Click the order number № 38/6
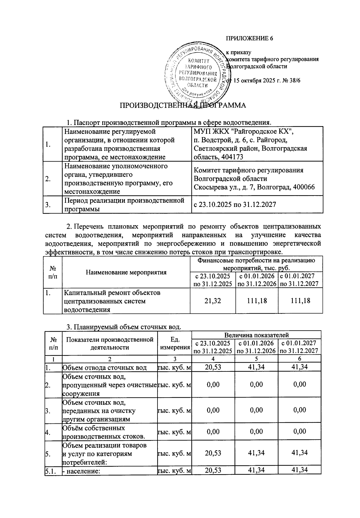coord(287,81)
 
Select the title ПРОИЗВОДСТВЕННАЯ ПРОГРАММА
coord(183,105)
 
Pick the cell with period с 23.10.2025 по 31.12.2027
coord(235,205)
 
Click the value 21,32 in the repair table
coord(213,301)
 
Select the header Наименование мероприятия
coord(126,272)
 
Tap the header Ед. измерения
coord(175,344)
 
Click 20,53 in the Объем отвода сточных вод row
coord(213,367)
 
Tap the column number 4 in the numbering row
coord(213,359)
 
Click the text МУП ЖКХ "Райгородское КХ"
coord(243,132)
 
